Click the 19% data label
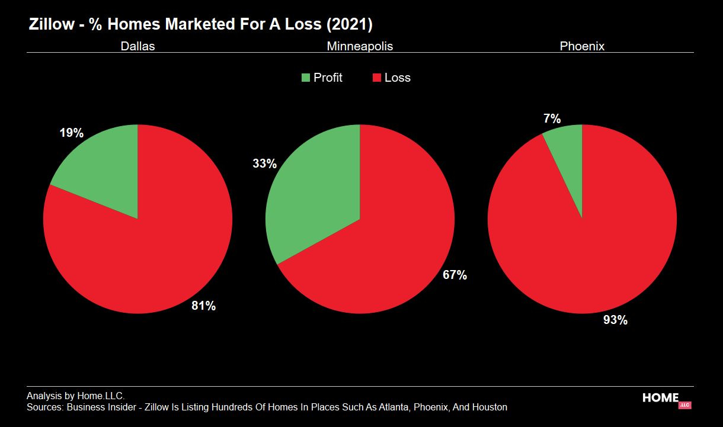coord(71,133)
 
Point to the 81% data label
coord(203,306)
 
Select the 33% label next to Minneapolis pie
coord(264,164)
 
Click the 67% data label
coord(455,275)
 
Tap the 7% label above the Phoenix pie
coord(552,118)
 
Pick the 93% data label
coord(615,320)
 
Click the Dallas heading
coord(137,46)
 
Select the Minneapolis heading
coord(360,46)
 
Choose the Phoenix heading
coord(582,46)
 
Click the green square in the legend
coord(306,78)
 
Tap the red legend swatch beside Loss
coord(376,78)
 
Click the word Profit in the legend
coord(328,78)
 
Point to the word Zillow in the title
coord(51,25)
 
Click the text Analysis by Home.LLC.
coord(75,396)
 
